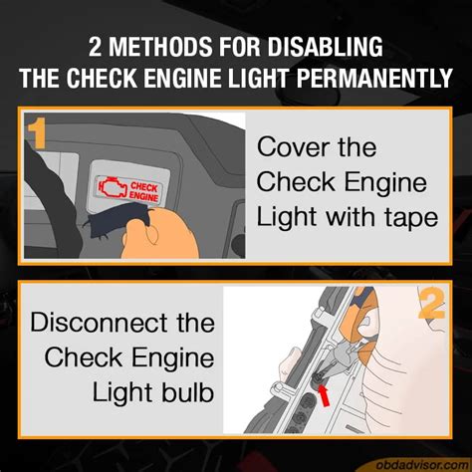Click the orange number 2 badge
tap(431, 305)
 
